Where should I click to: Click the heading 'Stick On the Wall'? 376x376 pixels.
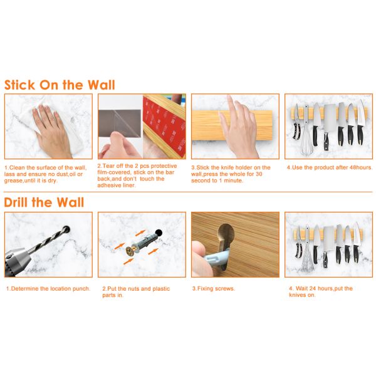pyautogui.click(x=60, y=85)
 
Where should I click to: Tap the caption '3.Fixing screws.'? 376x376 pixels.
pyautogui.click(x=214, y=289)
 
